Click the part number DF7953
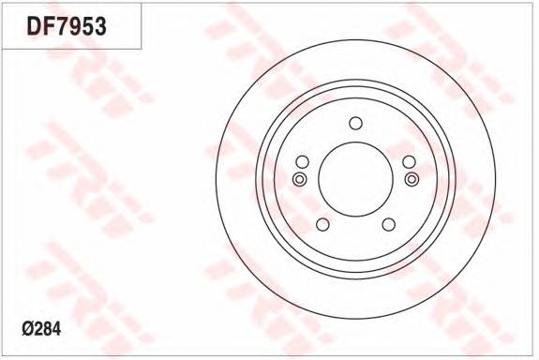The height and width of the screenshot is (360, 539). [66, 26]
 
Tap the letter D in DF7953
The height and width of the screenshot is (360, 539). [35, 26]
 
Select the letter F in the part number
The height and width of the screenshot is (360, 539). [49, 26]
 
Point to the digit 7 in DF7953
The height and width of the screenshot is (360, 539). [62, 26]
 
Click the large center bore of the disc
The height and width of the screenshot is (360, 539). [355, 179]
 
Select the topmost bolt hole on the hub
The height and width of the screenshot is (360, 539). [355, 123]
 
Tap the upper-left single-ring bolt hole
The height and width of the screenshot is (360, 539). [302, 161]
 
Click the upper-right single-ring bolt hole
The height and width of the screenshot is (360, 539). [409, 161]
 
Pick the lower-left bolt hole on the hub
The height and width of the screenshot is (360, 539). [322, 224]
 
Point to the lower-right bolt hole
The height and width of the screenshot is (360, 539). [388, 224]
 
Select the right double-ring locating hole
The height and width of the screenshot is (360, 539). [411, 179]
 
